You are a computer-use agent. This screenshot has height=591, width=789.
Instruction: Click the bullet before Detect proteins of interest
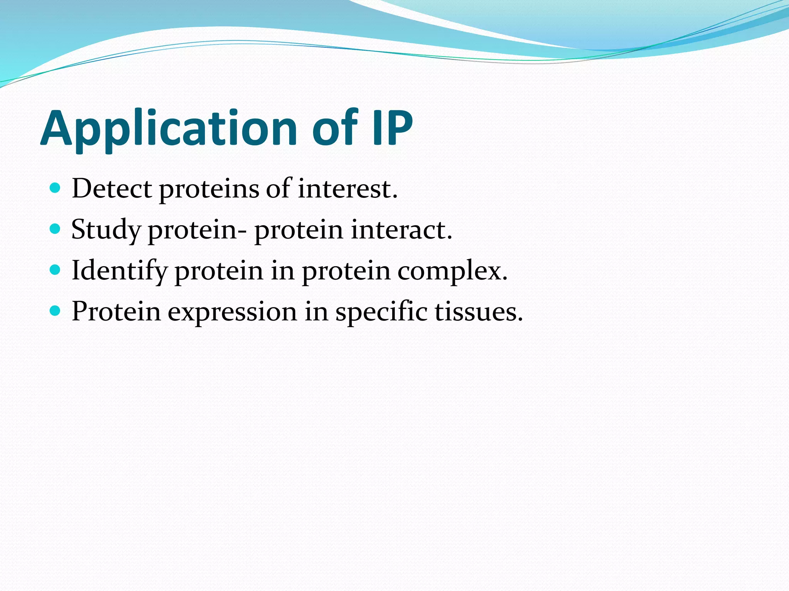pyautogui.click(x=55, y=188)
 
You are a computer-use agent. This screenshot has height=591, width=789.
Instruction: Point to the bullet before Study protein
pyautogui.click(x=55, y=229)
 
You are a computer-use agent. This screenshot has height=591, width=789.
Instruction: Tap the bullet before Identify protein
pyautogui.click(x=55, y=270)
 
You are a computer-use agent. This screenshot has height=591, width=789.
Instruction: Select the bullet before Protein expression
pyautogui.click(x=55, y=311)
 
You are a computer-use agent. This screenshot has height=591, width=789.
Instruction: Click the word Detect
pyautogui.click(x=112, y=189)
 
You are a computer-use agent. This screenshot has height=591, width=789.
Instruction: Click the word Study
pyautogui.click(x=106, y=230)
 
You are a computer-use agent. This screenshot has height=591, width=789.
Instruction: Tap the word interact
pyautogui.click(x=401, y=230)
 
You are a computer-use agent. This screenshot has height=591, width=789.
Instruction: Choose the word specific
pyautogui.click(x=381, y=312)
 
